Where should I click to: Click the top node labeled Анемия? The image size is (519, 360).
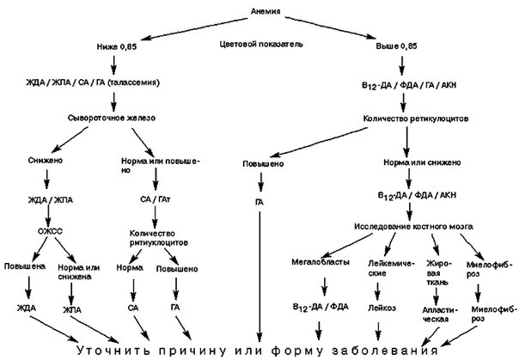[266, 11]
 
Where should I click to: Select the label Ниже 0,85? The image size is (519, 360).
[117, 46]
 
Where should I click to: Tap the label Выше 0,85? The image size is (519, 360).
[396, 46]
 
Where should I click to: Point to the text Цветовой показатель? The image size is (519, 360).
[261, 44]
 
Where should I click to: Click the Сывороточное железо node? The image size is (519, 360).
[112, 118]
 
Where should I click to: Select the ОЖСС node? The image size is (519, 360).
[50, 231]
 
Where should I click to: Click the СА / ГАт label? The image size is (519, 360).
[156, 199]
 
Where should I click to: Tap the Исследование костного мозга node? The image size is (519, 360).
[414, 227]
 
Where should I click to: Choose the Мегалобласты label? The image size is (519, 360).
[320, 262]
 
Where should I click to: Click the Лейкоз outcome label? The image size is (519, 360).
[382, 308]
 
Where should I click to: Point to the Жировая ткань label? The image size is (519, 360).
[438, 273]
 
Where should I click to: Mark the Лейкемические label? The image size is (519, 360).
[391, 268]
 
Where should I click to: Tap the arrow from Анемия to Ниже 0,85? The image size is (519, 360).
[197, 28]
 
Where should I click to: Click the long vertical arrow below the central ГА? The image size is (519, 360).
[259, 277]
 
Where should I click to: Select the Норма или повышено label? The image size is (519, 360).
[161, 166]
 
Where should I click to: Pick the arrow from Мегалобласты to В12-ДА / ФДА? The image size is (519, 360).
[325, 287]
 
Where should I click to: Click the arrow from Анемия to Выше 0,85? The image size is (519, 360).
[330, 27]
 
